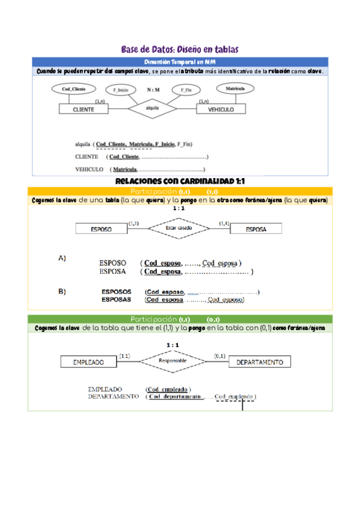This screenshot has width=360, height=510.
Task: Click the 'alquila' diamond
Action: (x=152, y=108)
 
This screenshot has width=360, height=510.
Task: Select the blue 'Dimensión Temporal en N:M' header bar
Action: (x=180, y=62)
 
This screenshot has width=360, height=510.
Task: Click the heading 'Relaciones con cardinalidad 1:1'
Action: (x=180, y=180)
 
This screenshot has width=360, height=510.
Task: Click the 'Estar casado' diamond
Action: (x=178, y=229)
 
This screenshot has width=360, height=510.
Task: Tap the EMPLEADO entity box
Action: (x=88, y=362)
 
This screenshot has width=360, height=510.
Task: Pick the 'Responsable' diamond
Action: (x=172, y=361)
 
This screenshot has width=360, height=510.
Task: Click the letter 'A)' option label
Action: (x=62, y=259)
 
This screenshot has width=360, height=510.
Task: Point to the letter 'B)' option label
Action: (x=62, y=292)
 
